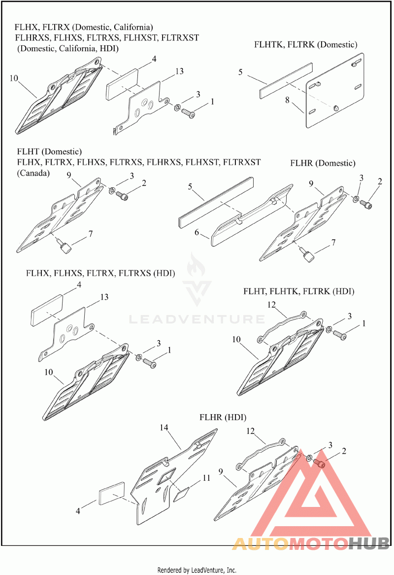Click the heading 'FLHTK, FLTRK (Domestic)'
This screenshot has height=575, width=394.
[x=305, y=44]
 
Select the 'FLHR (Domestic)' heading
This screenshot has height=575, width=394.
[x=323, y=163]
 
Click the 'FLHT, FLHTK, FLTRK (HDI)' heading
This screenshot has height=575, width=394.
[x=298, y=291]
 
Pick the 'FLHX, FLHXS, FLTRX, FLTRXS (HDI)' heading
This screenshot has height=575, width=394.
[x=100, y=273]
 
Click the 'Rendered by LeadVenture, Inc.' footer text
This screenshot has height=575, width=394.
[x=197, y=570]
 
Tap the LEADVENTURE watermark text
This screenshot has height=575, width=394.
[x=197, y=320]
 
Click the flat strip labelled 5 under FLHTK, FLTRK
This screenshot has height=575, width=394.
[x=286, y=79]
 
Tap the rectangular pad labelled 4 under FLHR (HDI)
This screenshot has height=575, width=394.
[x=114, y=496]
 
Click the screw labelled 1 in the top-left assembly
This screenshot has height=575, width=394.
[x=189, y=113]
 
